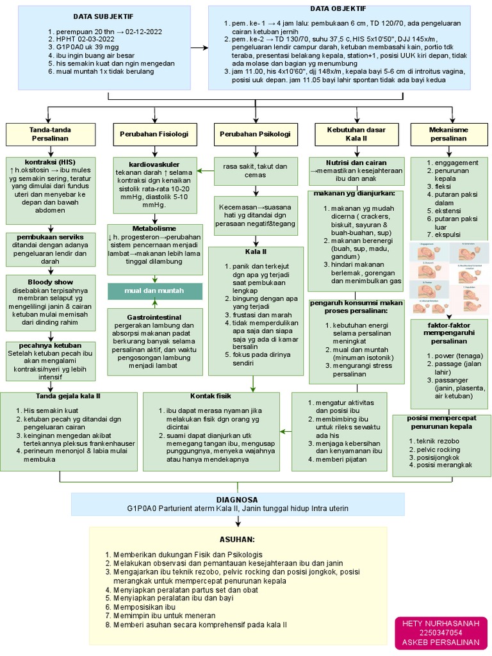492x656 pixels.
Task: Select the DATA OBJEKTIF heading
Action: pyautogui.click(x=338, y=8)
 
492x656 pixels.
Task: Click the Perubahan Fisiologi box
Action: pyautogui.click(x=154, y=134)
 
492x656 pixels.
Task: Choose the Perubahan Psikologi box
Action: pyautogui.click(x=255, y=134)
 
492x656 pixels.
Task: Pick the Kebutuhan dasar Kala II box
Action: pyautogui.click(x=356, y=134)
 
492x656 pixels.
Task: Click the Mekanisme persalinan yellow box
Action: pyautogui.click(x=448, y=134)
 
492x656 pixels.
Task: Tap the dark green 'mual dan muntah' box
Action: pyautogui.click(x=154, y=290)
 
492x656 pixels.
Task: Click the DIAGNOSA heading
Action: pyautogui.click(x=238, y=499)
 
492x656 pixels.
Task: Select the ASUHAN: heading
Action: pyautogui.click(x=237, y=539)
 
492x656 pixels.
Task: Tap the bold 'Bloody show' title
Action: pyautogui.click(x=51, y=282)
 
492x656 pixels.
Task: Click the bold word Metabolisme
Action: pyautogui.click(x=154, y=228)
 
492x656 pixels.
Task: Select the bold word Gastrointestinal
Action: pyautogui.click(x=154, y=317)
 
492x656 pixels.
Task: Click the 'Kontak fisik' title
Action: pyautogui.click(x=210, y=396)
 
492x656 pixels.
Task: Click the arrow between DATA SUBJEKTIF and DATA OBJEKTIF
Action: pyautogui.click(x=200, y=48)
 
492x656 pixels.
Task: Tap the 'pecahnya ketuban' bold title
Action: pyautogui.click(x=51, y=345)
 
